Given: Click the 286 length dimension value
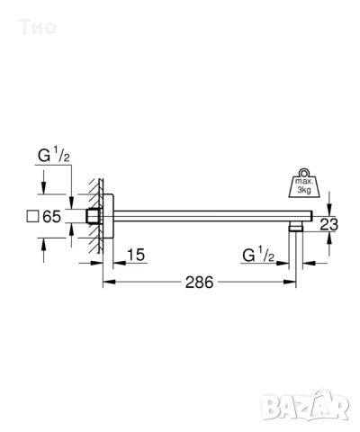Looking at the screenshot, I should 199,283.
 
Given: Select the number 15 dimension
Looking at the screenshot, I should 136,256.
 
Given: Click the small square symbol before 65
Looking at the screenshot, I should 32,216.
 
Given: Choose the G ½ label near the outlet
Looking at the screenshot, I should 260,256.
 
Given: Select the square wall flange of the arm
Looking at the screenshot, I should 107,216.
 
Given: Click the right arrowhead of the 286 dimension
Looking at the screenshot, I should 291,283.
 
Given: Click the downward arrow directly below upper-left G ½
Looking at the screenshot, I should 71,201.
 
